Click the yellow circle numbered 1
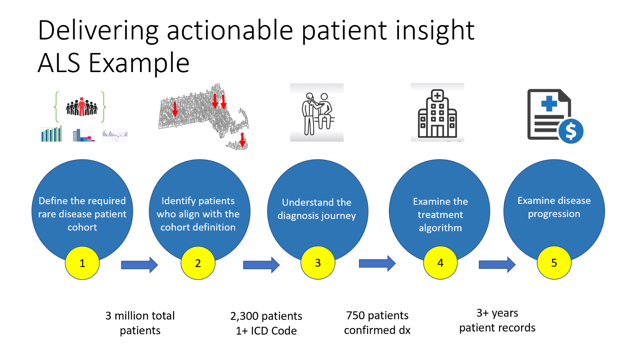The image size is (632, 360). (82, 263)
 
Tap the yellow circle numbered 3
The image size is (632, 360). (317, 263)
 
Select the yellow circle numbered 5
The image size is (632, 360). (554, 263)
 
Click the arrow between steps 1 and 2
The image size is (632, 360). (139, 265)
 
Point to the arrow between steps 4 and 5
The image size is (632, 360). (497, 265)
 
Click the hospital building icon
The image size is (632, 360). (437, 114)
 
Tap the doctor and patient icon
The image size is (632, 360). (317, 113)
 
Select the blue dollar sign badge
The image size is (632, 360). (571, 131)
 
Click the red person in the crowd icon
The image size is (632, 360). (81, 107)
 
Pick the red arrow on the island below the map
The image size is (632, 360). (242, 140)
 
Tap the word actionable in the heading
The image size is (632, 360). (230, 30)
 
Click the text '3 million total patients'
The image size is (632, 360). (140, 323)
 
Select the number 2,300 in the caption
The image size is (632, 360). (244, 316)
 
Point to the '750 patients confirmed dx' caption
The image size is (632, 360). (377, 323)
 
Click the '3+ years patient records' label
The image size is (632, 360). (497, 320)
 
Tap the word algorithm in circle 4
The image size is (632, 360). (440, 228)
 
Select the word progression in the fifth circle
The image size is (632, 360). (554, 214)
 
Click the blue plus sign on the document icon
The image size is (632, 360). (549, 103)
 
